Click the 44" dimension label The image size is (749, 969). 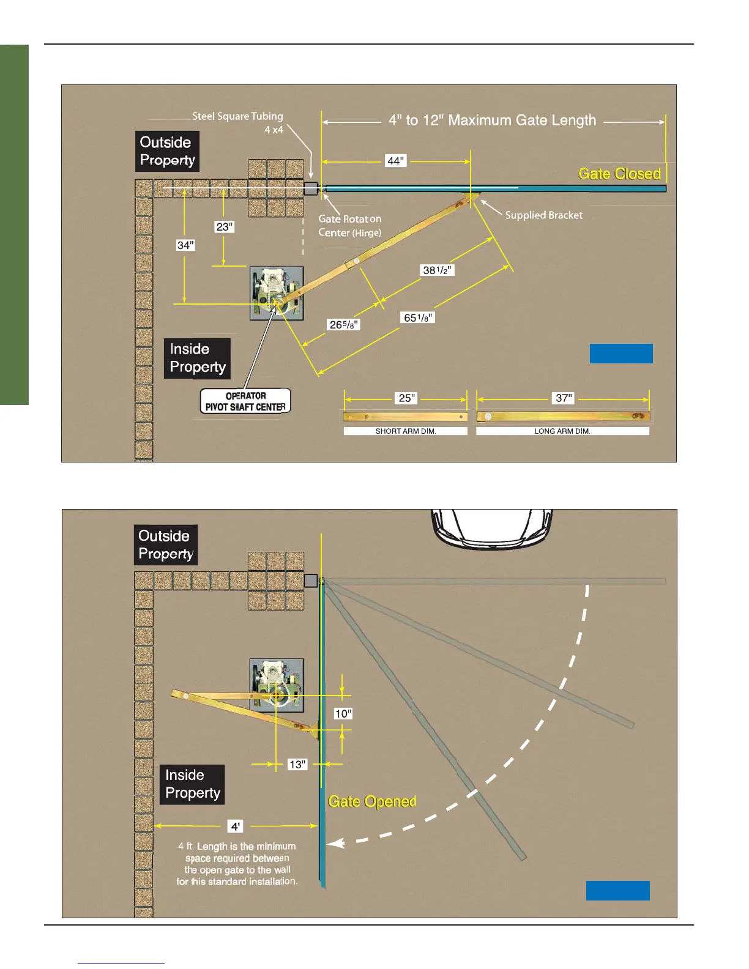pos(396,161)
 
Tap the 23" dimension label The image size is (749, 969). pos(225,227)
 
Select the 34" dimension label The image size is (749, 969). pos(185,245)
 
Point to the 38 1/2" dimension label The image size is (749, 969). pos(438,270)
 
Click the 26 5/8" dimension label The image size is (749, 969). pos(344,324)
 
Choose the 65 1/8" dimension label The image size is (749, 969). pos(418,317)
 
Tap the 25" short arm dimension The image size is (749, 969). pos(406,398)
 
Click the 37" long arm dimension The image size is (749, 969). pos(563,398)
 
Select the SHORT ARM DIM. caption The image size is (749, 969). pos(406,431)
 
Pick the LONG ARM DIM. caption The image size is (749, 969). pos(562,431)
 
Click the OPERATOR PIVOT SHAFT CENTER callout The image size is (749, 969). pos(245,401)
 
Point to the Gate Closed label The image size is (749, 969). pos(619,174)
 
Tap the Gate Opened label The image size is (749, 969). pos(372,801)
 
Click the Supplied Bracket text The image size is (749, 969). pos(543,215)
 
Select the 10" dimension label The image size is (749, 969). pos(343,714)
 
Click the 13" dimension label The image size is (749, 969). pos(297,765)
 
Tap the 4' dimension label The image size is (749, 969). pos(236,826)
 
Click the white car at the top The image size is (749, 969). pos(493,528)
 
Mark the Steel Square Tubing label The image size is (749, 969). pos(237,116)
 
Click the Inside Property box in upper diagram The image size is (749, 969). pos(197,358)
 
